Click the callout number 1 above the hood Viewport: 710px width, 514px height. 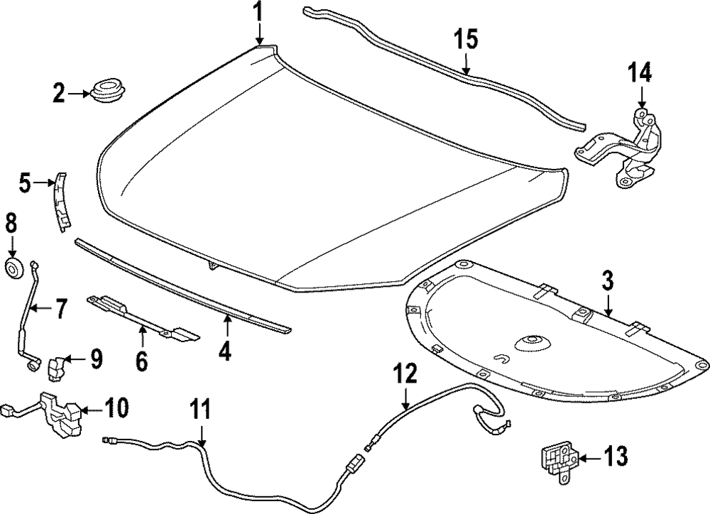[258, 12]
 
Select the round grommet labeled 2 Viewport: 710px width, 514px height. [105, 92]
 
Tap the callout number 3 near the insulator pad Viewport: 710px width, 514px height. [608, 280]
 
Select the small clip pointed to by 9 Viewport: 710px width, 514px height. [56, 366]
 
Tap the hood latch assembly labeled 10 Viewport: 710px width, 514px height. [62, 416]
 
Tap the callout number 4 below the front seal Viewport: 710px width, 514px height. [225, 351]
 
